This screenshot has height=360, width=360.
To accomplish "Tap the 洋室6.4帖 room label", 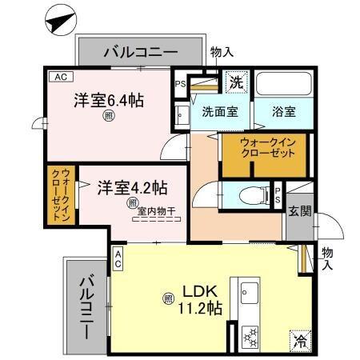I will [110, 101].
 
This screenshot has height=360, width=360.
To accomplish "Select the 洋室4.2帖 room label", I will [133, 189].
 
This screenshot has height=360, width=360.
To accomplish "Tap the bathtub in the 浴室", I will [282, 87].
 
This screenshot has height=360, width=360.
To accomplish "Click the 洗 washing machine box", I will [236, 81].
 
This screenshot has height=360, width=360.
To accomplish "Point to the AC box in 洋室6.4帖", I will [58, 78].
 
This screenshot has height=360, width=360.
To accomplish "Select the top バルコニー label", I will [139, 53].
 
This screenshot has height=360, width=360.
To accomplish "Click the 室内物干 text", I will [157, 212].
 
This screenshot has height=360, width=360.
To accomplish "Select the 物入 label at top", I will [222, 51].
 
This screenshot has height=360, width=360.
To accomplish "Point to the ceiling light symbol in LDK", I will [169, 299].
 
